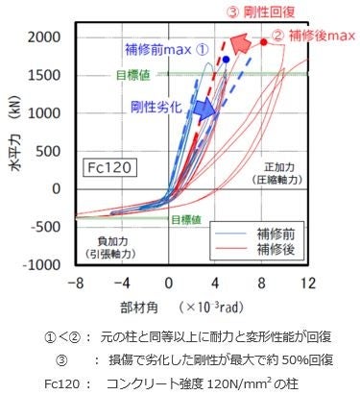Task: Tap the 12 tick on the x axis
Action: click(307, 284)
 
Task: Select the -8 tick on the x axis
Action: click(77, 284)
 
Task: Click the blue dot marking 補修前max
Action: click(226, 60)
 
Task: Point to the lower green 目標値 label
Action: click(187, 219)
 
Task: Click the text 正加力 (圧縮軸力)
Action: click(279, 173)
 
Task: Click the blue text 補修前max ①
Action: click(165, 48)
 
